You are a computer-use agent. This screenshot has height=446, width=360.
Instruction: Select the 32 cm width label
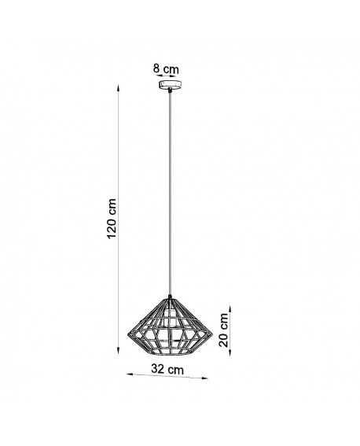pos(167,368)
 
